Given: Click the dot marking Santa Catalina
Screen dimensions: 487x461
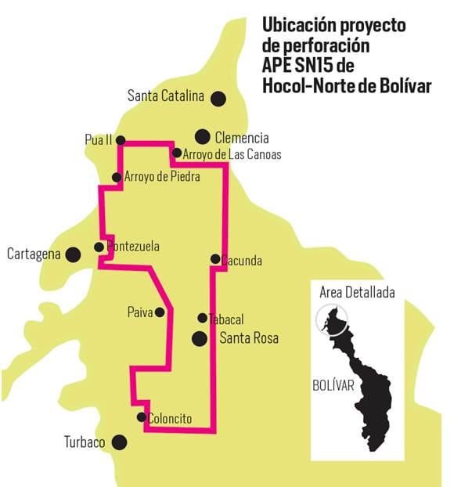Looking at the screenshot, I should tap(218, 98).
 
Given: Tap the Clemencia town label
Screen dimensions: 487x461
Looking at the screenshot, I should tap(242, 137).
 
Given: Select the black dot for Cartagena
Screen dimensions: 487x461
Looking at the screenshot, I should tap(73, 254).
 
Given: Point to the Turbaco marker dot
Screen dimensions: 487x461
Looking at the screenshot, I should tap(119, 442).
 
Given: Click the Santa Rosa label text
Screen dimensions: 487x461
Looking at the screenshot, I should tap(249, 339).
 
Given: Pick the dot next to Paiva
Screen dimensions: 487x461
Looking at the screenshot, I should tap(160, 312).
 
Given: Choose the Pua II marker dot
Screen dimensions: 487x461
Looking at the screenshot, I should tap(121, 139).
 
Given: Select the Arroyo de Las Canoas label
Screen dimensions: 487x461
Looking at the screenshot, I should tap(232, 154).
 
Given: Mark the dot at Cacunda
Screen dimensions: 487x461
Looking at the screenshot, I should tap(215, 258).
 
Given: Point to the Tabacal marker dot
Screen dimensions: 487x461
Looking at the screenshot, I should tap(202, 318).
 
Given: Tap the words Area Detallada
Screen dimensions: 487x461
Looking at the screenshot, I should tap(357, 293).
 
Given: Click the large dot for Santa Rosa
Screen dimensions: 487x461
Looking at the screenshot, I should tap(200, 339).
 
